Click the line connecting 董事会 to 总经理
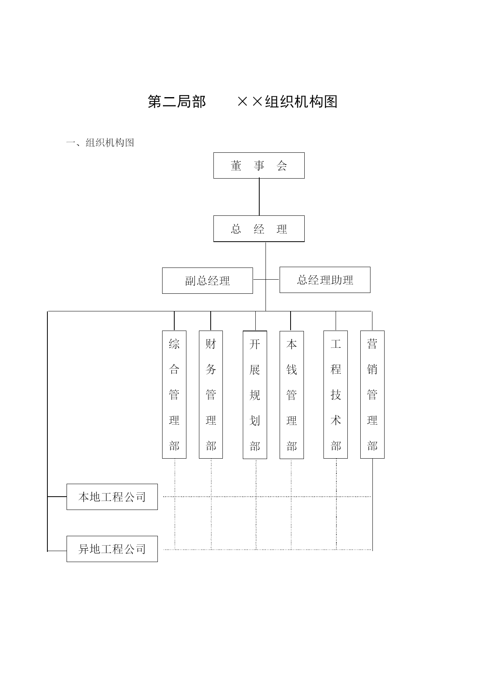pyautogui.click(x=259, y=197)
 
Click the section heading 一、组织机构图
pyautogui.click(x=100, y=143)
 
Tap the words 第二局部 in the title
pyautogui.click(x=177, y=101)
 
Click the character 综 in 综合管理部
pyautogui.click(x=174, y=344)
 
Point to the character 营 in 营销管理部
pyautogui.click(x=372, y=344)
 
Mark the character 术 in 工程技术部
pyautogui.click(x=336, y=420)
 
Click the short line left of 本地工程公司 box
pyautogui.click(x=57, y=497)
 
